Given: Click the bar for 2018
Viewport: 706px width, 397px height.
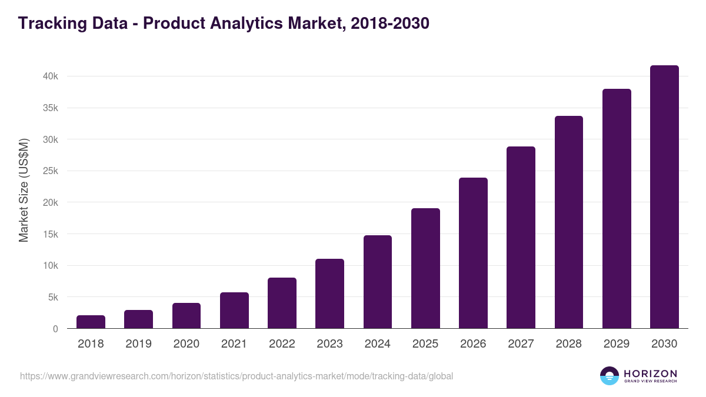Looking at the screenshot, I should [91, 322].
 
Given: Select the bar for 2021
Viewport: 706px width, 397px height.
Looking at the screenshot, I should [234, 311].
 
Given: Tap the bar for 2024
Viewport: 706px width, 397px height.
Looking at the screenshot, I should [378, 282].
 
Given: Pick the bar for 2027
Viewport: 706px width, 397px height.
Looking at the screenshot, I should [521, 237].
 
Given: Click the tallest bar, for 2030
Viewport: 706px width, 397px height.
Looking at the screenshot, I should [664, 197].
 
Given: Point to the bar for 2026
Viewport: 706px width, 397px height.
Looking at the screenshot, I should [473, 253].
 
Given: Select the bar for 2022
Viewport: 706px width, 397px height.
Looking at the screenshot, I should [282, 303].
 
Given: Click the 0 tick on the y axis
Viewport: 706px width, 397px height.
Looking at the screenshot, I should [55, 329].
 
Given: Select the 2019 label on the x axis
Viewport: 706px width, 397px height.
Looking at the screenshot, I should [138, 344].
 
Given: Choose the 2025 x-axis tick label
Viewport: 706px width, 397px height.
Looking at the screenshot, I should [425, 344].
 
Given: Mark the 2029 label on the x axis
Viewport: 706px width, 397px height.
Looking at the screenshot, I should [617, 344].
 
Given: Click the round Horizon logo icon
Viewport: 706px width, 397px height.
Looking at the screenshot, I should [609, 376].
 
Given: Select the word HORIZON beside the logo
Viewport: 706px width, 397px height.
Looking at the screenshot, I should [650, 373].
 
